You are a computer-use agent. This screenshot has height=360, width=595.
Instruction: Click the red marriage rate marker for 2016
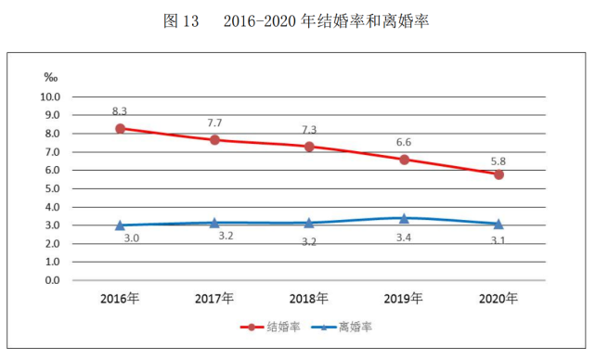coord(120,129)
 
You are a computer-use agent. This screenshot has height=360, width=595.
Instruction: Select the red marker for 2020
coord(498,174)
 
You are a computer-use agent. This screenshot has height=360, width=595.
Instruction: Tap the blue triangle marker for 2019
coord(404,218)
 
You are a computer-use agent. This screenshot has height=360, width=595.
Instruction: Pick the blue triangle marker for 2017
coord(214,223)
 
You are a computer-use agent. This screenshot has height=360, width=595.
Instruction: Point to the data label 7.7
coord(214,122)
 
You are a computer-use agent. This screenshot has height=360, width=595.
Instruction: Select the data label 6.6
coord(404,142)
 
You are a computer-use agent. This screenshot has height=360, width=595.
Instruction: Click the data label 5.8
coord(498,158)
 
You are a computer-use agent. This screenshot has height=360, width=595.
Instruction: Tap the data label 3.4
coord(404,239)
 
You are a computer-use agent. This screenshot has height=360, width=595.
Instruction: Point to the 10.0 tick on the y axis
coord(49,96)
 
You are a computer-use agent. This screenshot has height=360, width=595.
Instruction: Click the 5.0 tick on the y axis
coord(52,188)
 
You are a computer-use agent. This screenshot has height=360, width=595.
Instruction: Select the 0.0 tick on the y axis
coord(52,280)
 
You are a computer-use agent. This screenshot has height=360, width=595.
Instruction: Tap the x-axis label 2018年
coord(309,299)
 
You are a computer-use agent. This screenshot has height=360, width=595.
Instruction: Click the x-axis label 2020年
coord(498,299)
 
